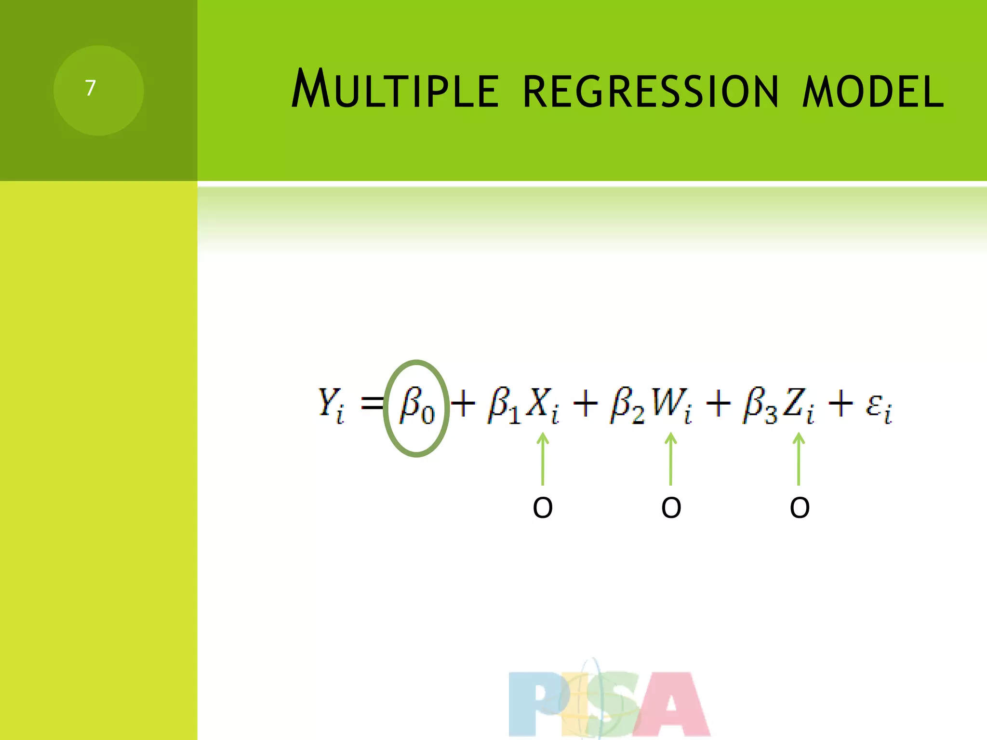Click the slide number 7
90,88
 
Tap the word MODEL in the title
873,91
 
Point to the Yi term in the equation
331,406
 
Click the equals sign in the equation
373,404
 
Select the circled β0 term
417,408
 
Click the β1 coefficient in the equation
504,407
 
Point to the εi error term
879,408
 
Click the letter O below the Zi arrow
800,508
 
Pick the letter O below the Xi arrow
543,508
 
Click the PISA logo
609,703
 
